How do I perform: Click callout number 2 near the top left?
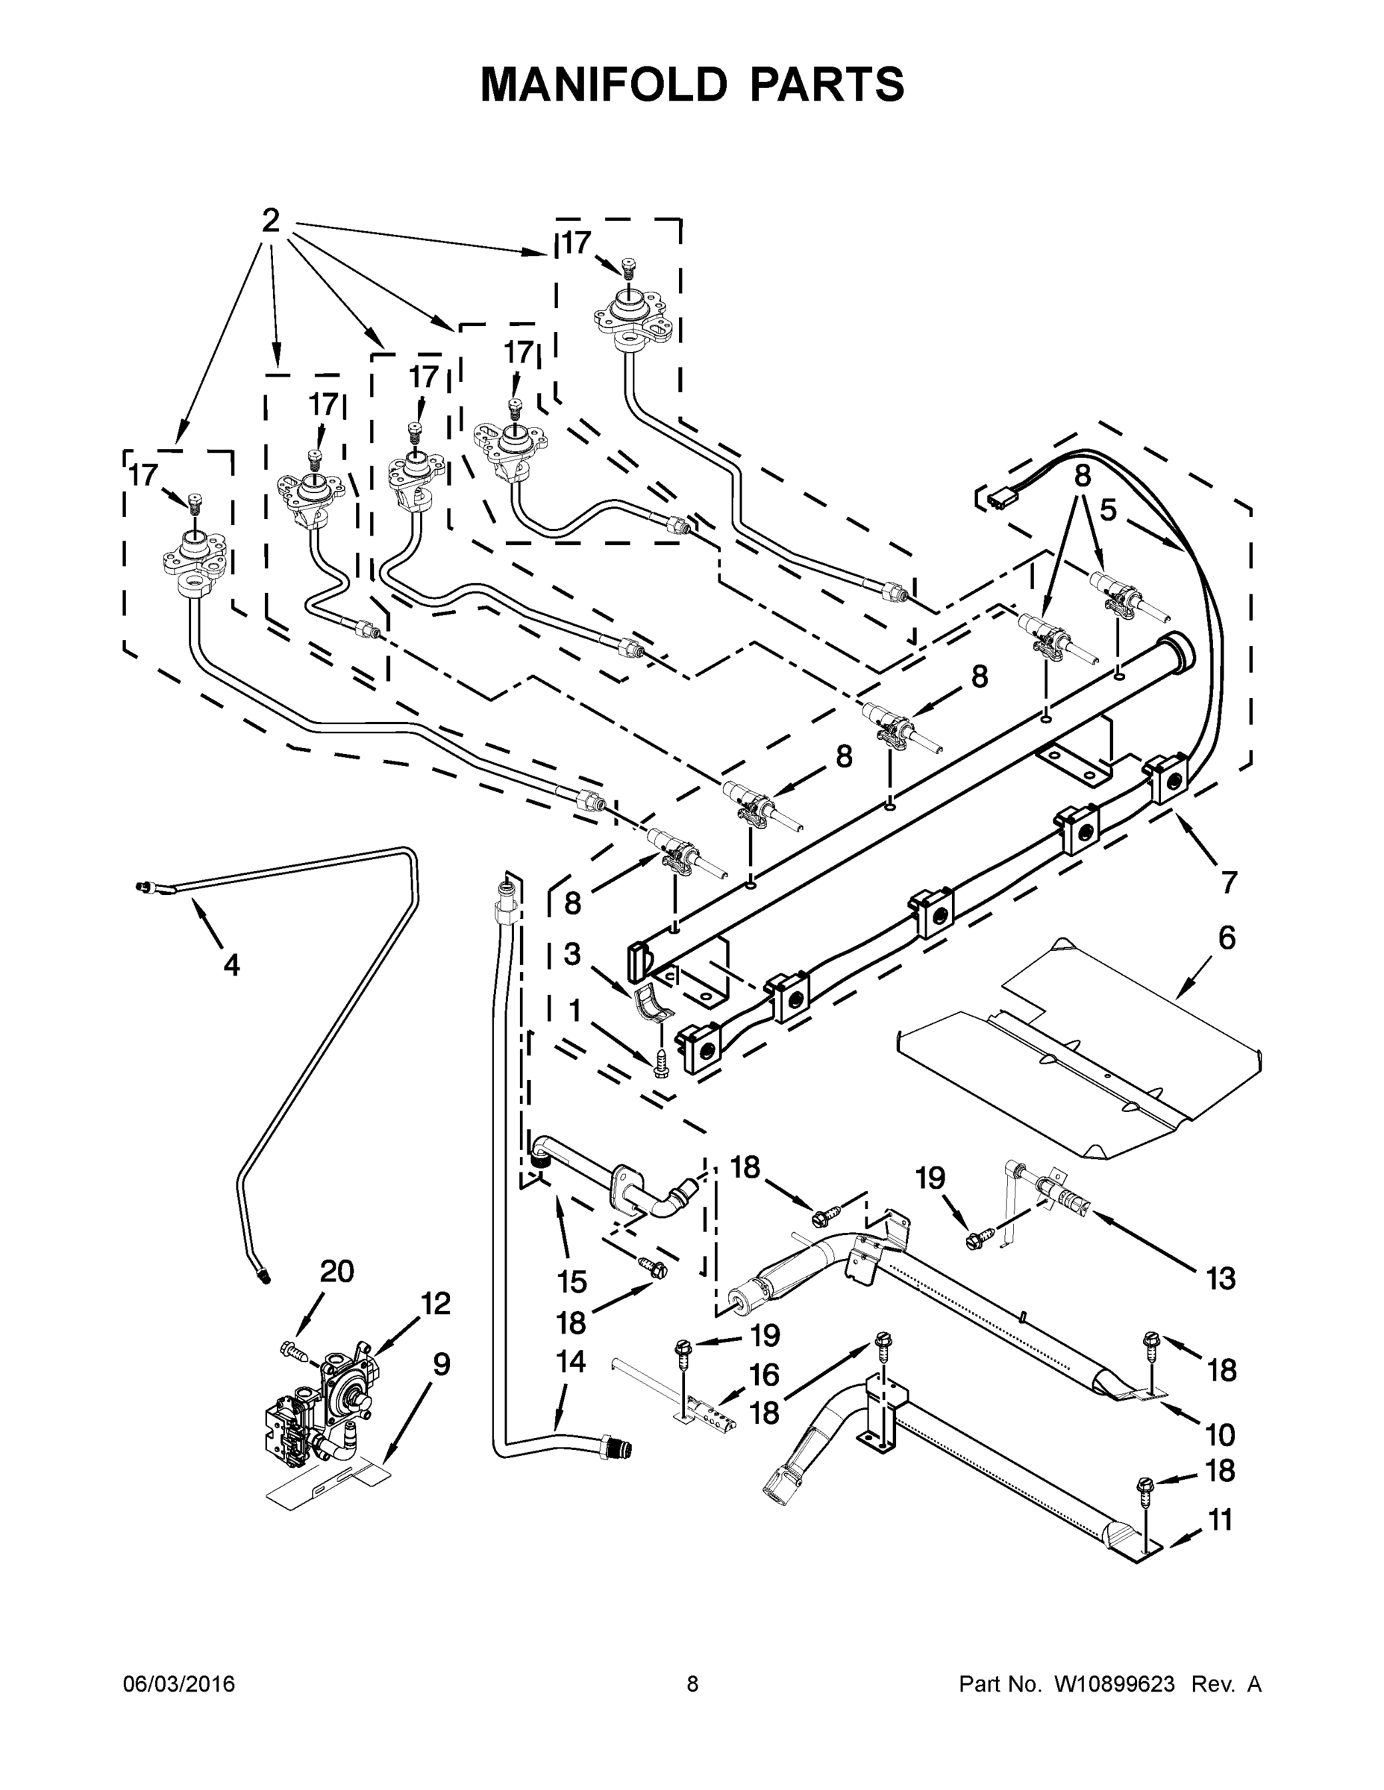[x=272, y=221]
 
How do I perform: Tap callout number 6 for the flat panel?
[x=1226, y=938]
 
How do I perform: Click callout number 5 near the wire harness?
[x=1108, y=510]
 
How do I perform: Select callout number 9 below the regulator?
[x=441, y=1365]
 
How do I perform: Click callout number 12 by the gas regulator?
[x=436, y=1303]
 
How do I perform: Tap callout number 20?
[x=336, y=1271]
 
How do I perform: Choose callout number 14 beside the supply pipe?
[x=571, y=1361]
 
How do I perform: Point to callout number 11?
[x=1221, y=1520]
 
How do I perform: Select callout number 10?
[x=1221, y=1434]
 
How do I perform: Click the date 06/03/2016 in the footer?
[x=179, y=1684]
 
